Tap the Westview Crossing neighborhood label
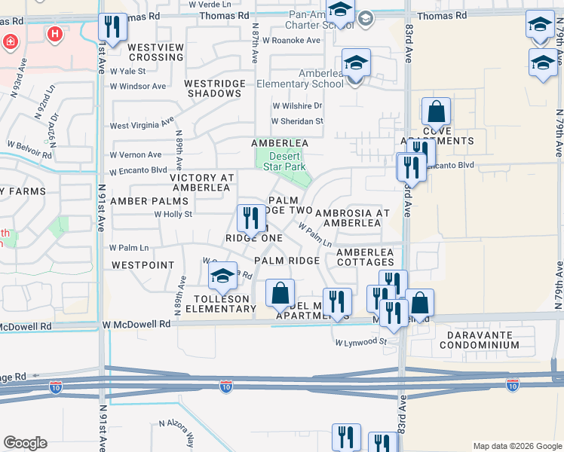[x=155, y=52]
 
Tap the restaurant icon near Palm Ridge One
[x=250, y=219]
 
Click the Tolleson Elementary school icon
[x=222, y=279]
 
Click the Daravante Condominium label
[x=483, y=340]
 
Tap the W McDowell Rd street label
[x=136, y=324]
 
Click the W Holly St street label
[x=173, y=214]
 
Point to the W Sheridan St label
[x=297, y=121]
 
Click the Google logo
[x=25, y=443]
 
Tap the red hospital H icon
[x=54, y=34]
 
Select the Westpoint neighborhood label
[x=143, y=265]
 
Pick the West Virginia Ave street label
[x=143, y=126]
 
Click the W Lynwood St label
[x=360, y=342]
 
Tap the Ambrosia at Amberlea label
[x=352, y=218]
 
